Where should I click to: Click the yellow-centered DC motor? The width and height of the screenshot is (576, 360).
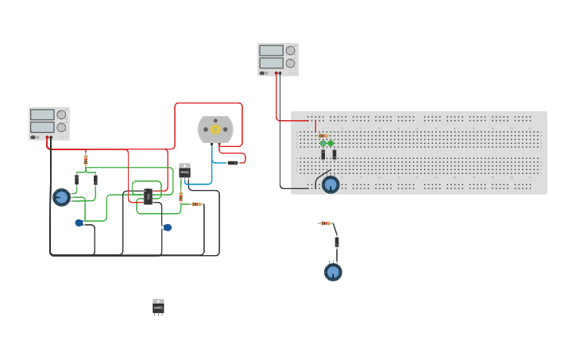click(x=215, y=129)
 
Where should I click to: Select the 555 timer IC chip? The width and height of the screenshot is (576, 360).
click(x=148, y=196)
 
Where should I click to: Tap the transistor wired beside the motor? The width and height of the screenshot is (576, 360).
click(x=184, y=170)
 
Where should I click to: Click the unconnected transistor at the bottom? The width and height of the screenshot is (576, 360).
click(x=158, y=307)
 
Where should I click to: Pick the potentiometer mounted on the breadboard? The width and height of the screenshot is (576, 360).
click(x=331, y=184)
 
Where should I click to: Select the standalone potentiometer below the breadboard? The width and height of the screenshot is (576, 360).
click(x=333, y=272)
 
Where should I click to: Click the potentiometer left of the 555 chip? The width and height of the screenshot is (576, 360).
click(x=61, y=197)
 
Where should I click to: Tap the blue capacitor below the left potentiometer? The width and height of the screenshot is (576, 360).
click(x=79, y=223)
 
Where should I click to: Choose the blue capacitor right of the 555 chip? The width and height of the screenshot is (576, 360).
click(x=168, y=227)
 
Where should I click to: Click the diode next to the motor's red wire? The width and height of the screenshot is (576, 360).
click(x=232, y=163)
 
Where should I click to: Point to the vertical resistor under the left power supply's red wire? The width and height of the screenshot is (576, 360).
click(x=86, y=159)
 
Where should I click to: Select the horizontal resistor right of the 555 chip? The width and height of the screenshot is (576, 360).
click(x=197, y=204)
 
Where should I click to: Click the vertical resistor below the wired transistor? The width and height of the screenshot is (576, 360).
click(x=180, y=195)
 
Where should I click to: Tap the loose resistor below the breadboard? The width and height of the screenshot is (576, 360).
click(x=324, y=223)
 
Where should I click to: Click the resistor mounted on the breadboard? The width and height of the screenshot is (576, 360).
click(x=322, y=136)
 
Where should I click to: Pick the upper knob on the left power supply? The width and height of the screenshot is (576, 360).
click(x=61, y=114)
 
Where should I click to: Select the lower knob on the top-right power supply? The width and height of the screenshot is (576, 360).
click(x=290, y=63)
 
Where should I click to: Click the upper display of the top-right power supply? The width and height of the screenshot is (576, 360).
click(x=271, y=51)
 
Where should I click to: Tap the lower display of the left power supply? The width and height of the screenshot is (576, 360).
click(x=42, y=127)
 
